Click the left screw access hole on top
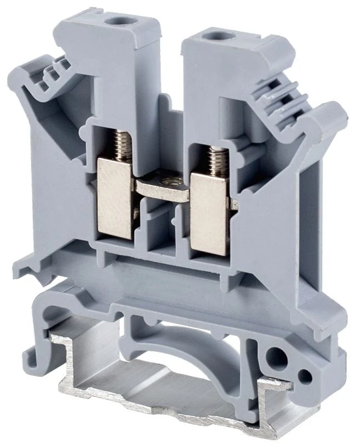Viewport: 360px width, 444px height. coord(117,21)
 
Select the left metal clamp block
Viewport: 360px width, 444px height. coord(114,196)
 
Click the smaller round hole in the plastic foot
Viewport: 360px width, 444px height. coord(303,376)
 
